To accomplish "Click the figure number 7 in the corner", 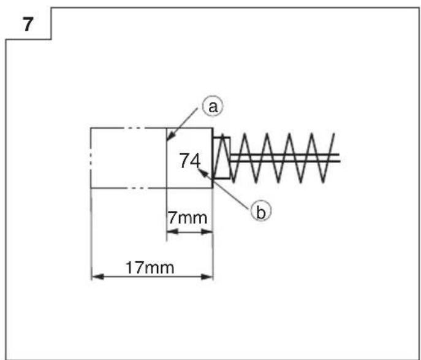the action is coord(28,25).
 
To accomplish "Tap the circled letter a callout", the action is coord(213,106).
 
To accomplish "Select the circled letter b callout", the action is coord(261,211).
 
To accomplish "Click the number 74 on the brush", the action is coord(190,161).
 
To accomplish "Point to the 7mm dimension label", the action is coord(188,218).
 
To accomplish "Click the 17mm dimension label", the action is coord(150,268).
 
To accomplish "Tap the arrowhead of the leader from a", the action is coord(169,137).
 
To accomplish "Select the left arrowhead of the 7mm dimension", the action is coord(172,232).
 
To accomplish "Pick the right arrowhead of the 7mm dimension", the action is coord(207,232).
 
